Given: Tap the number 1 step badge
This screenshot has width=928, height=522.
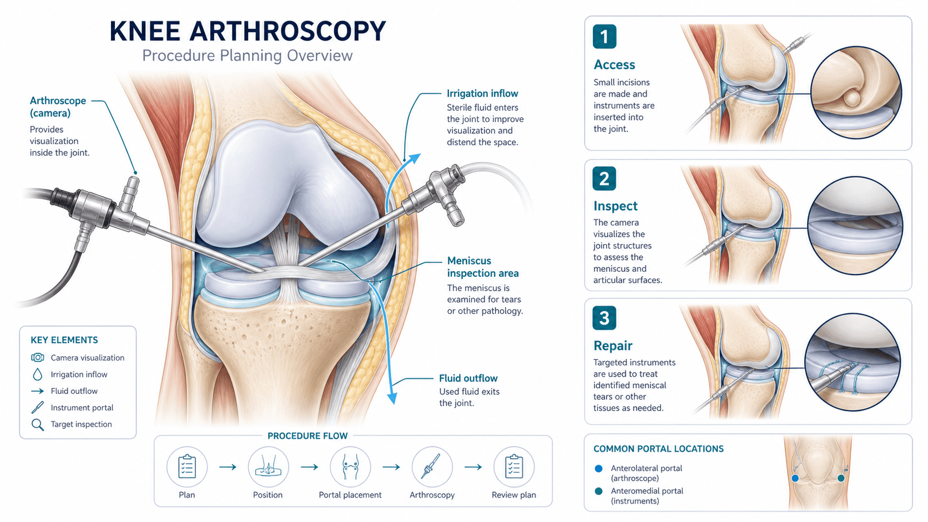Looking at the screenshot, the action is point(604,37).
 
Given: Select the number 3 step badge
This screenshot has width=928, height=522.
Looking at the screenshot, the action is point(604,318).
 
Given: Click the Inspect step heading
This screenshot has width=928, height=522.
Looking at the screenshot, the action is point(615,206).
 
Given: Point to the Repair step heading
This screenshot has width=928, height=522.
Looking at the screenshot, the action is point(613,346).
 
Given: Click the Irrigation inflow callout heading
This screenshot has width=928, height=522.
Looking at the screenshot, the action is point(482,94).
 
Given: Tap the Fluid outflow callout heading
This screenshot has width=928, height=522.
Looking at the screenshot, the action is point(468,378).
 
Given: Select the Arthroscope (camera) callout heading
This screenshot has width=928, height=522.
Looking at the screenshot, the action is point(58,107).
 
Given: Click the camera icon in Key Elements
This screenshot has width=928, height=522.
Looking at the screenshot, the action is point(38,358).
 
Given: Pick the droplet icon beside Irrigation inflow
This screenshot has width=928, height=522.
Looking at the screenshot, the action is point(37,374).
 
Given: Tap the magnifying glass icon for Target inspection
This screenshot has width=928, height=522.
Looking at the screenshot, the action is point(38,425).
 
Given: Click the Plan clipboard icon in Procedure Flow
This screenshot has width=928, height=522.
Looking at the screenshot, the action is point(187,467).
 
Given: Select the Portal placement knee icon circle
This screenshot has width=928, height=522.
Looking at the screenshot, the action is point(350,467).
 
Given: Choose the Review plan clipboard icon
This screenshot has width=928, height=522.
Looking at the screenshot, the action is point(514,467).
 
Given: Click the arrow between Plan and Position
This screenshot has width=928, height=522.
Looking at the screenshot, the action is point(228,467).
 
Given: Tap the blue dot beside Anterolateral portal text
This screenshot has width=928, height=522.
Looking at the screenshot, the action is point(598,469).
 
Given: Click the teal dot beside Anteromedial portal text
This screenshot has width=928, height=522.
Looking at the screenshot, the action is point(598,491).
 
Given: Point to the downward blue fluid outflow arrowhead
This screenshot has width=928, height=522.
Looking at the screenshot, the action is point(391,398).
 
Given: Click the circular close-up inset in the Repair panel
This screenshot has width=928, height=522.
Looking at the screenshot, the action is point(853,362).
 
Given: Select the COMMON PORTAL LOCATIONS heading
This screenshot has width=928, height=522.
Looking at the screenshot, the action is point(658,449).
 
